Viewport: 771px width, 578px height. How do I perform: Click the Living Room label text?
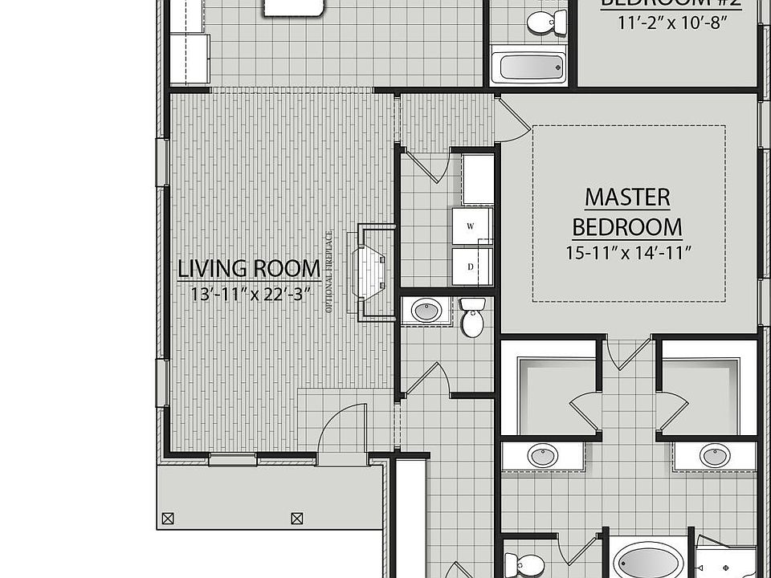(x=249, y=269)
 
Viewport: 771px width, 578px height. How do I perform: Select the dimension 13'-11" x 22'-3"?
(x=251, y=294)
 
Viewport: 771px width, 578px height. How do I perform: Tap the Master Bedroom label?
(x=627, y=212)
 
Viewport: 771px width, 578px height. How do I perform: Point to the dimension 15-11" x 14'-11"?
(x=628, y=252)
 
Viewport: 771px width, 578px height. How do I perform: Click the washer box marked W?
(x=472, y=226)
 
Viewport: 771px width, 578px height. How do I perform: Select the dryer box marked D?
(x=472, y=267)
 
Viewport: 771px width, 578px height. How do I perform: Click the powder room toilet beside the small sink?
(x=472, y=318)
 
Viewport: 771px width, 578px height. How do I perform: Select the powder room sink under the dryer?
(x=426, y=310)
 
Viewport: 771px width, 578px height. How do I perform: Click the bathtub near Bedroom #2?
(x=528, y=67)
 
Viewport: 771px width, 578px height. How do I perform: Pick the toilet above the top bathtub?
(x=547, y=22)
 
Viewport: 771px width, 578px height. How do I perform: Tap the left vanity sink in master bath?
(x=542, y=455)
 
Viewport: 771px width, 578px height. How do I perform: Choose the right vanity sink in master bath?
(x=714, y=455)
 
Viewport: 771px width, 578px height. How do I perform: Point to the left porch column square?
(x=168, y=519)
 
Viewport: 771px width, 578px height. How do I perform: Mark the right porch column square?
(x=297, y=519)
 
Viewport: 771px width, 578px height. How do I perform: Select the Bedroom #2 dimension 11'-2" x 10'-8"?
(x=673, y=23)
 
